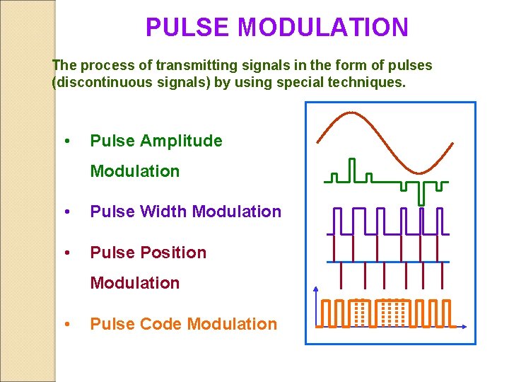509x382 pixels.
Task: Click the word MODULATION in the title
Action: pyautogui.click(x=323, y=28)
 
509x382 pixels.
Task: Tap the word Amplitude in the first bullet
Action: pyautogui.click(x=181, y=141)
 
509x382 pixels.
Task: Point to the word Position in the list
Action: pyautogui.click(x=173, y=253)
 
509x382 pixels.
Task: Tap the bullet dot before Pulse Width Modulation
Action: pyautogui.click(x=66, y=212)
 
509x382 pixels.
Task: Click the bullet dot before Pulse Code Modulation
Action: pyautogui.click(x=66, y=324)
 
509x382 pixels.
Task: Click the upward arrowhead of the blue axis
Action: pyautogui.click(x=315, y=289)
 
